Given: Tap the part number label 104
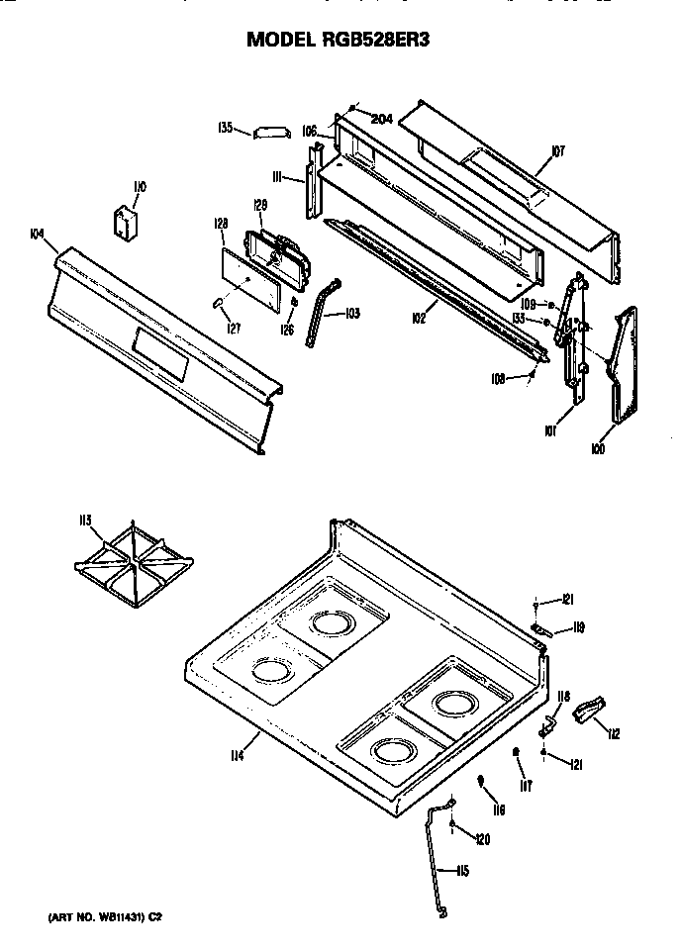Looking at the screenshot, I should pos(37,234).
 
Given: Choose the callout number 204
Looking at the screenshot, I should pos(382,119).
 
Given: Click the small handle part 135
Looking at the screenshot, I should pos(268,132).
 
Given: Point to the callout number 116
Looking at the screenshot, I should pos(499,809).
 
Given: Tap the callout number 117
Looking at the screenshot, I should pos(527,787).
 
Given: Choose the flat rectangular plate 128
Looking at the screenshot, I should pos(246,273).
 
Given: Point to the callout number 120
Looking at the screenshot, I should pos(482,839).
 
